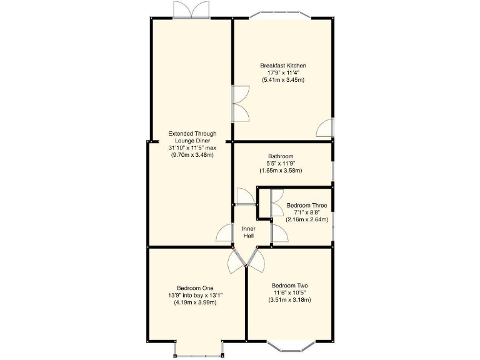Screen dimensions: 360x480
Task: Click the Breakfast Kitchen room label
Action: [282, 66]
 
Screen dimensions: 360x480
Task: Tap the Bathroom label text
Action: [281, 156]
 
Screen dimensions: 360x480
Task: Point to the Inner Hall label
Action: [249, 232]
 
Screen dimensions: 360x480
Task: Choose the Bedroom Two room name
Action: [289, 286]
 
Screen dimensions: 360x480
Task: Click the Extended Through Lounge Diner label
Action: [192, 137]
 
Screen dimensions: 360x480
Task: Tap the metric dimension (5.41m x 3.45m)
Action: [282, 81]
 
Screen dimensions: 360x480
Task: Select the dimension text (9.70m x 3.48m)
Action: [192, 155]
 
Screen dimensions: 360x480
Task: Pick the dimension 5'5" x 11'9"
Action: [281, 163]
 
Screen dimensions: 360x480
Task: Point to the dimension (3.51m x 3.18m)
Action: [289, 300]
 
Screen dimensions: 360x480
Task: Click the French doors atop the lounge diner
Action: [191, 10]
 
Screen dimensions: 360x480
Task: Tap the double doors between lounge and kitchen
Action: [240, 104]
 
